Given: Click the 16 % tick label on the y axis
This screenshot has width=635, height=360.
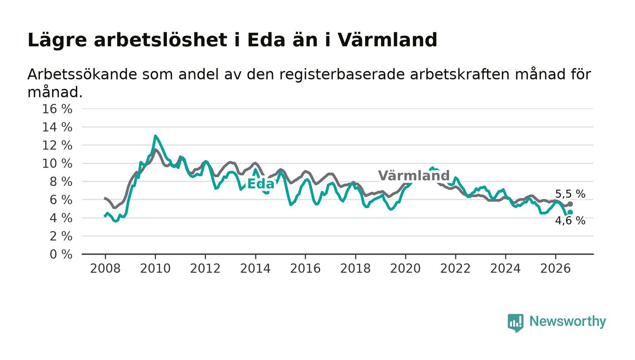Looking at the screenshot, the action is (57, 109).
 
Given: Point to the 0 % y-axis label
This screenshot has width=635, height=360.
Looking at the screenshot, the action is (61, 254).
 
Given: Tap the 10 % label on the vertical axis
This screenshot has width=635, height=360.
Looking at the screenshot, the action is (57, 164).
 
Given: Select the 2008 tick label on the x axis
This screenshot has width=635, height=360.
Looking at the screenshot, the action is (105, 268).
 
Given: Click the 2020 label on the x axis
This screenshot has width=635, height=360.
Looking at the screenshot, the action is (405, 268).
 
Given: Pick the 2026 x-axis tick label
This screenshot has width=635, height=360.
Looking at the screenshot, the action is (555, 268).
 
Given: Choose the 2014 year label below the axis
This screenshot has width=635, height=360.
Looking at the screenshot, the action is (255, 268).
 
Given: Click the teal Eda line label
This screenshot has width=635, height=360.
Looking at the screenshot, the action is (261, 184).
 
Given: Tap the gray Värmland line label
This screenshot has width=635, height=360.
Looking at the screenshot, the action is (414, 175).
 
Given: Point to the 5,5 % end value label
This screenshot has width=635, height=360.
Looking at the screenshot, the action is (570, 194).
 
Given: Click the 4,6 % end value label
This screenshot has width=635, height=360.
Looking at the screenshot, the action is (570, 220).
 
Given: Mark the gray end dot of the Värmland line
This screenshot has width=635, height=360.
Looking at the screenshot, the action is (571, 204).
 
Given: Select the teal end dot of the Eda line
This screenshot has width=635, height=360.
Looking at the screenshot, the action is (571, 212).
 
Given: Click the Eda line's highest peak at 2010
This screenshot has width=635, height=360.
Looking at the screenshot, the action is (155, 136).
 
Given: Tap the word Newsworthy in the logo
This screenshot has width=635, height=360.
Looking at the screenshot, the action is (567, 321).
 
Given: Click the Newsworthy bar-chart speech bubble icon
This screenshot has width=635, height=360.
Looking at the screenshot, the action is (515, 323).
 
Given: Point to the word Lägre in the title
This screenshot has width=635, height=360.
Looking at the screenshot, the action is (57, 40).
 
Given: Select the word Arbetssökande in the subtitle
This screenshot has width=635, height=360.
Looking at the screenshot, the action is (82, 74).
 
